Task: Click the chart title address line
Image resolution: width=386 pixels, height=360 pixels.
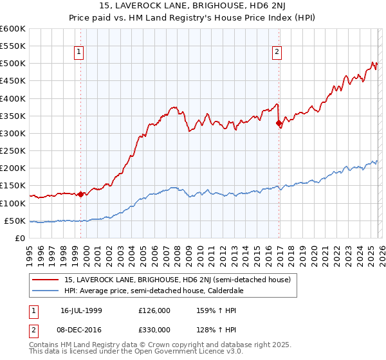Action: pos(192,7)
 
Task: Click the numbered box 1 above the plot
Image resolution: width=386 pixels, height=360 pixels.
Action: pos(78,52)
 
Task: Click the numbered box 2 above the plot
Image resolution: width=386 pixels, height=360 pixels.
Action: pos(277,52)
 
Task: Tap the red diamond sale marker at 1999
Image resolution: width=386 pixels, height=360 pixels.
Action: pos(80,194)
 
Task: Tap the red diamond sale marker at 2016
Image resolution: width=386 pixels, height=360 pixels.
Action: pos(279,123)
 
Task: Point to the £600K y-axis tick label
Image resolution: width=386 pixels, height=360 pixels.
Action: pos(13,29)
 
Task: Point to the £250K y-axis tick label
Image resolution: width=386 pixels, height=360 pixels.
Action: pos(13,150)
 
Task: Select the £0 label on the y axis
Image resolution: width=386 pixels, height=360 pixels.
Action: pos(21,238)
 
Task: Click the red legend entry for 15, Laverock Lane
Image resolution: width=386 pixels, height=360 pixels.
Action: pos(178,280)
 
